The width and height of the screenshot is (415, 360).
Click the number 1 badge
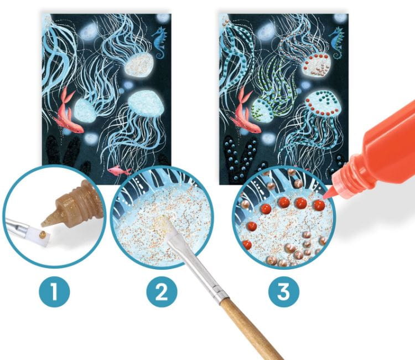click(x=55, y=292)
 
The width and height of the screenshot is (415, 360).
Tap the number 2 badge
click(x=162, y=292)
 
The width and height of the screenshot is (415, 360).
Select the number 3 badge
click(x=284, y=292)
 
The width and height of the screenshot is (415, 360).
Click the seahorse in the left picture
click(x=159, y=43)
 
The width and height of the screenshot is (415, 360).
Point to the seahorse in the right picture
click(x=336, y=43)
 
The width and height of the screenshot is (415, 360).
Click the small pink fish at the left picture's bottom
click(x=119, y=170)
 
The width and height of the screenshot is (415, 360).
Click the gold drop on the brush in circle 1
click(x=43, y=234)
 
